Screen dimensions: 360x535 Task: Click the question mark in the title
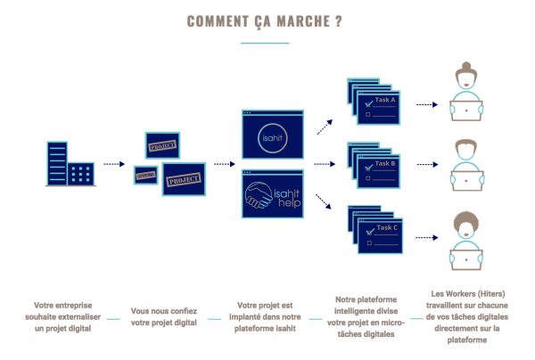tap(340, 20)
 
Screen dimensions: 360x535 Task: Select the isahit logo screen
tap(273, 136)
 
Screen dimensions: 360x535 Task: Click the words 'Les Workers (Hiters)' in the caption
tap(465, 292)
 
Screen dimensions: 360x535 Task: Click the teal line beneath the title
tap(267, 42)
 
